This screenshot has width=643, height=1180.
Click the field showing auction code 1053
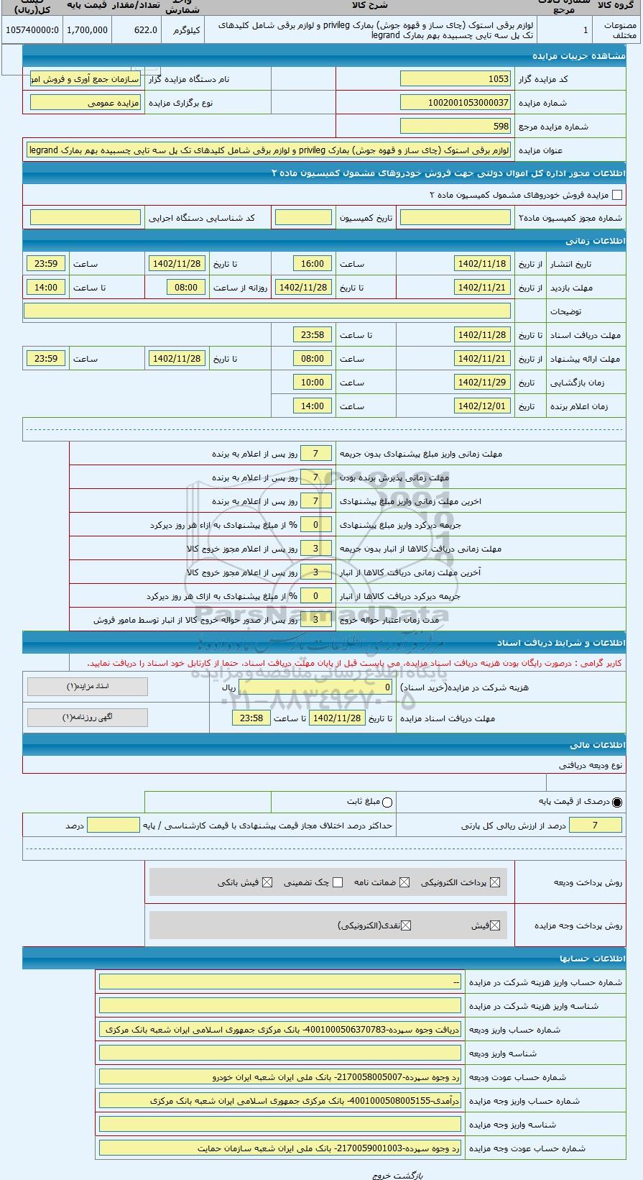[455, 79]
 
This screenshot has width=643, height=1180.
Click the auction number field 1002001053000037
[455, 103]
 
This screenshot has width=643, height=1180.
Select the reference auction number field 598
[455, 127]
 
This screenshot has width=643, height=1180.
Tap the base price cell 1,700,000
[88, 30]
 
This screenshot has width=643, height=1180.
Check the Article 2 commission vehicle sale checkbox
[616, 195]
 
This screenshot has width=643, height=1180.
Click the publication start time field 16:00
[313, 264]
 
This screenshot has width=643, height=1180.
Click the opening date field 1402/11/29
[482, 383]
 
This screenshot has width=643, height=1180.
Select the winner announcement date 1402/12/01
[482, 406]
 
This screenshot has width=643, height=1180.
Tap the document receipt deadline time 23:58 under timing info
[313, 335]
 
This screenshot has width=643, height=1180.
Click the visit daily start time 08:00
[186, 288]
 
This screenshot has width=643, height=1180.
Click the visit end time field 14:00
[46, 288]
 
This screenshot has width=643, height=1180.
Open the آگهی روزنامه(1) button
[88, 717]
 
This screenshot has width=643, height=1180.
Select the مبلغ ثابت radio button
[388, 802]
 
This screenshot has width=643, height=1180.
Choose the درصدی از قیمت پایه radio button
[617, 802]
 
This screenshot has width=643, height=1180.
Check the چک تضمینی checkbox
[338, 882]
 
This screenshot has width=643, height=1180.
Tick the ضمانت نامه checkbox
[404, 882]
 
